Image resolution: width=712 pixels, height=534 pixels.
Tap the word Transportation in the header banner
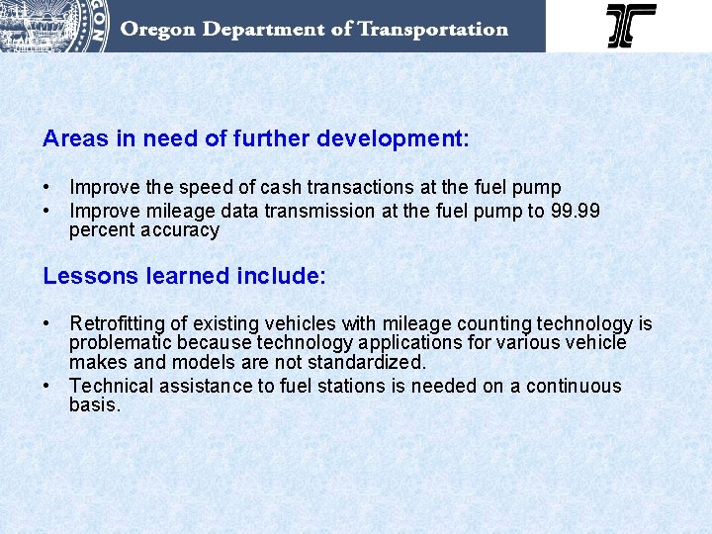coord(432,29)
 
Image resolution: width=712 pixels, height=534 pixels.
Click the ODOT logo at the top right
coord(631,26)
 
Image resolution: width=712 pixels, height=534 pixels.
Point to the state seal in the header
coord(54,24)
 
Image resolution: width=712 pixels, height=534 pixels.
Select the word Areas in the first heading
coord(76,139)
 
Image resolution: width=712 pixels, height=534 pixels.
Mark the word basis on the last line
coord(94,405)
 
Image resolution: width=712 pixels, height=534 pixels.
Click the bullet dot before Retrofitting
coord(47,323)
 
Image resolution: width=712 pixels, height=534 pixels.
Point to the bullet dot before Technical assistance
coord(47,386)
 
